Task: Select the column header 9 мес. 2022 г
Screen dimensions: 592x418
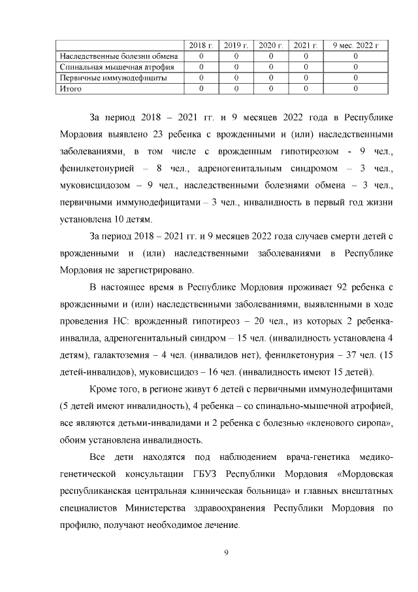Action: (355, 44)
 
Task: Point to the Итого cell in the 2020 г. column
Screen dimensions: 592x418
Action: (270, 88)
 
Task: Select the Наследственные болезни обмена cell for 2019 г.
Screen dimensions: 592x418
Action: (236, 56)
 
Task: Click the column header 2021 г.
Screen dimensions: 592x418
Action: (305, 44)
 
